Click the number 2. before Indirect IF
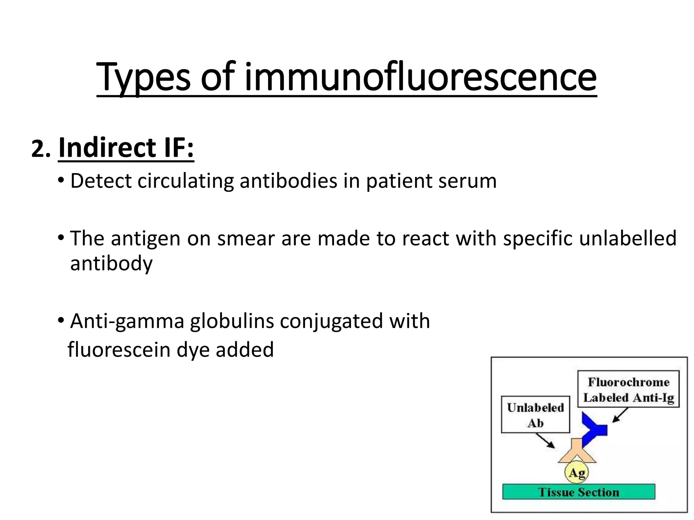(41, 149)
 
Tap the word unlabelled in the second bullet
(628, 238)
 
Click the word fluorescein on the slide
(119, 349)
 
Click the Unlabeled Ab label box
(535, 415)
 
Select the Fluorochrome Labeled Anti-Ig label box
(628, 389)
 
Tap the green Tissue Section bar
(578, 492)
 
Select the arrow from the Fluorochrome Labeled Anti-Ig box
(620, 415)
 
